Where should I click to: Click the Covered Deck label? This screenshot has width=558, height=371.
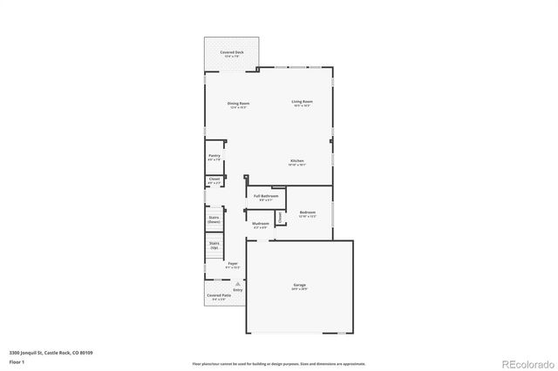point(232,52)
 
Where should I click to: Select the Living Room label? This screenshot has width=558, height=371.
point(302,103)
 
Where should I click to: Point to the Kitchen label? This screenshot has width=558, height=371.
point(297,161)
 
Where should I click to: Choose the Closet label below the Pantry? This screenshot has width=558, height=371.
point(214,179)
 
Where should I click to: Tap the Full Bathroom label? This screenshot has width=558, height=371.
point(266,196)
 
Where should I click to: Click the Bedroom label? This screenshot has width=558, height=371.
point(308,212)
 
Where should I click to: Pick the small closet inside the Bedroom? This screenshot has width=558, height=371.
point(279,218)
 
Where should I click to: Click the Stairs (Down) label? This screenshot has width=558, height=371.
point(214,219)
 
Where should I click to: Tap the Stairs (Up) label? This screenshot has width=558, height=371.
point(214,246)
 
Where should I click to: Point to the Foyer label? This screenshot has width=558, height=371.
point(233,264)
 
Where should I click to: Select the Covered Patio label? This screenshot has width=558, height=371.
point(219,297)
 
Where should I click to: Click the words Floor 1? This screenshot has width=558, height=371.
point(17,360)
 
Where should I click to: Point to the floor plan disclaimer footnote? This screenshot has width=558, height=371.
point(278,362)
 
